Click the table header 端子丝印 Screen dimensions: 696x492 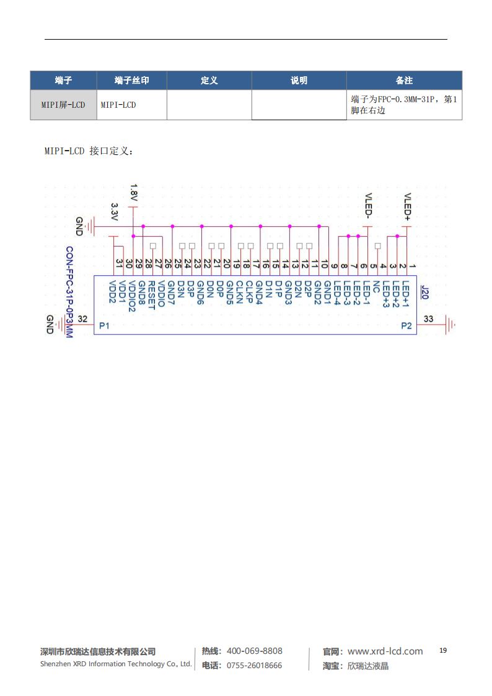131,81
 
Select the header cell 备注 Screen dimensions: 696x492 404,81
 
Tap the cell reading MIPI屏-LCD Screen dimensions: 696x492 63,105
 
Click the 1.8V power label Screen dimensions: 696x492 134,193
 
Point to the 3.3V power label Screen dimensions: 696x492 114,213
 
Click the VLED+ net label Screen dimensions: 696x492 407,206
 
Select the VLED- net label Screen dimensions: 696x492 368,206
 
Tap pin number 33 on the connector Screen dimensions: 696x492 428,319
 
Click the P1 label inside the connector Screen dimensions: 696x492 104,326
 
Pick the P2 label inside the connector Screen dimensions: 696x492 406,326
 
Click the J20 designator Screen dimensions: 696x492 424,291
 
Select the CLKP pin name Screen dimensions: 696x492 248,293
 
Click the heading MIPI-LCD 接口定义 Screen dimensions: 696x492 89,151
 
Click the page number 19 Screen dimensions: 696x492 442,650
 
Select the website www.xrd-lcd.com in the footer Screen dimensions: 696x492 385,651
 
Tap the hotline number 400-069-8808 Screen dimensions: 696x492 254,651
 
